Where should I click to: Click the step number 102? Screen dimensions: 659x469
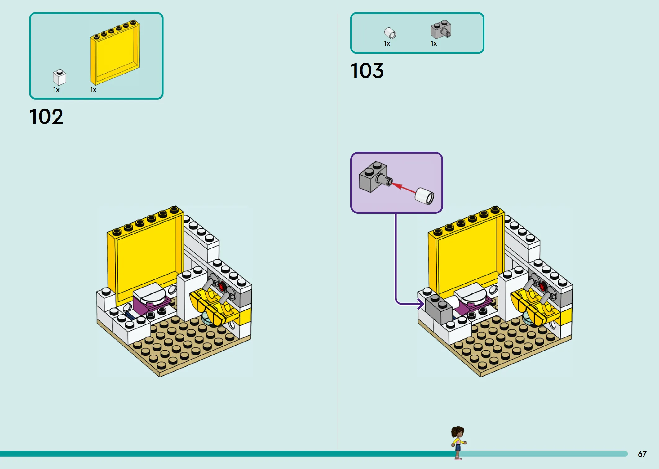click(x=46, y=117)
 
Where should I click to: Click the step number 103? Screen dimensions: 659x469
click(x=367, y=71)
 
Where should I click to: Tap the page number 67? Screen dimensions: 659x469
click(x=642, y=454)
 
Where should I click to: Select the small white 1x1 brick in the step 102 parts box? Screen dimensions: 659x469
click(x=60, y=77)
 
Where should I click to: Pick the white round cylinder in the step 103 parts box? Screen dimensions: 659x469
click(x=390, y=33)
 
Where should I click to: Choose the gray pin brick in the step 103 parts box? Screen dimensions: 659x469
click(x=441, y=30)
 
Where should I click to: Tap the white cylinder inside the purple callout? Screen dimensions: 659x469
click(x=425, y=196)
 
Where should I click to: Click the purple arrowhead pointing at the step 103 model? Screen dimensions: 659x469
click(x=421, y=304)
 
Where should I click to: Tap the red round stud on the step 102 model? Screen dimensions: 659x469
click(x=222, y=286)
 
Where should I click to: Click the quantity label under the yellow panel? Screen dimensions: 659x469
click(x=93, y=90)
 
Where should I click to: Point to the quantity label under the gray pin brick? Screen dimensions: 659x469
click(x=434, y=44)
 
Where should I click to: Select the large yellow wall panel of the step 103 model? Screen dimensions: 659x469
click(x=467, y=254)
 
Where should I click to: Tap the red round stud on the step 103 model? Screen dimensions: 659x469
click(x=542, y=286)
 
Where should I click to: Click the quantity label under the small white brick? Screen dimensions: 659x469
click(x=56, y=90)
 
